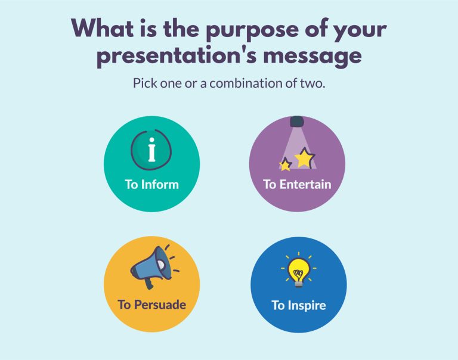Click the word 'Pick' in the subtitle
(x=146, y=83)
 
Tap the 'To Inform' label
(x=151, y=184)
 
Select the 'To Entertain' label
(x=297, y=184)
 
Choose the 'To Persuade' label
(x=151, y=305)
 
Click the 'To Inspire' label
(x=299, y=306)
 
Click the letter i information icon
(x=151, y=148)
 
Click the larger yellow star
(x=305, y=157)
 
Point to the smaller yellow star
(x=286, y=165)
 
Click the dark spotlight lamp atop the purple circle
(x=296, y=122)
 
